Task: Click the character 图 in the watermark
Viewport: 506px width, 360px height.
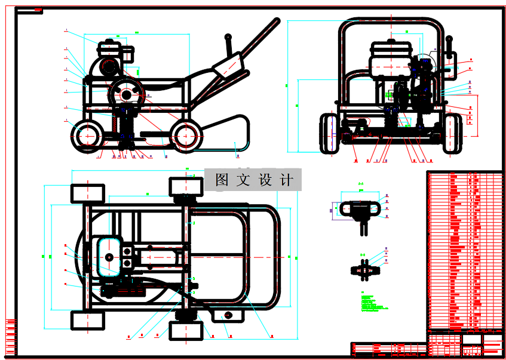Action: pyautogui.click(x=222, y=180)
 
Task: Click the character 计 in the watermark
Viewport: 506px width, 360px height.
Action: pyautogui.click(x=287, y=180)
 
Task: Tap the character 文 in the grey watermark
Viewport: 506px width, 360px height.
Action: pyautogui.click(x=244, y=180)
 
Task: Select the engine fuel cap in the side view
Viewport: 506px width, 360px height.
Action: pyautogui.click(x=108, y=42)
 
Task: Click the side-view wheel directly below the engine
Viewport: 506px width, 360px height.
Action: pyautogui.click(x=87, y=136)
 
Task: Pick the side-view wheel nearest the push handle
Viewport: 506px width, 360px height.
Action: pyautogui.click(x=186, y=136)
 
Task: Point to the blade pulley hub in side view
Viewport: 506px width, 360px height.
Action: pyautogui.click(x=127, y=94)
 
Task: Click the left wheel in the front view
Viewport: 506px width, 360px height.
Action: pyautogui.click(x=329, y=133)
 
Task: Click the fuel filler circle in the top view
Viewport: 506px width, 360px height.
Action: pyautogui.click(x=109, y=257)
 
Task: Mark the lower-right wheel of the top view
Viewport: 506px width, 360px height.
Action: pyautogui.click(x=186, y=330)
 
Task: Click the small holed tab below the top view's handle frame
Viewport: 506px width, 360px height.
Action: pyautogui.click(x=228, y=315)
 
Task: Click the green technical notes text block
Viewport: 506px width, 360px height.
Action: pyautogui.click(x=371, y=301)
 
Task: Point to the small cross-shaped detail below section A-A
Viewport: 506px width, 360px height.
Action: pyautogui.click(x=364, y=270)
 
